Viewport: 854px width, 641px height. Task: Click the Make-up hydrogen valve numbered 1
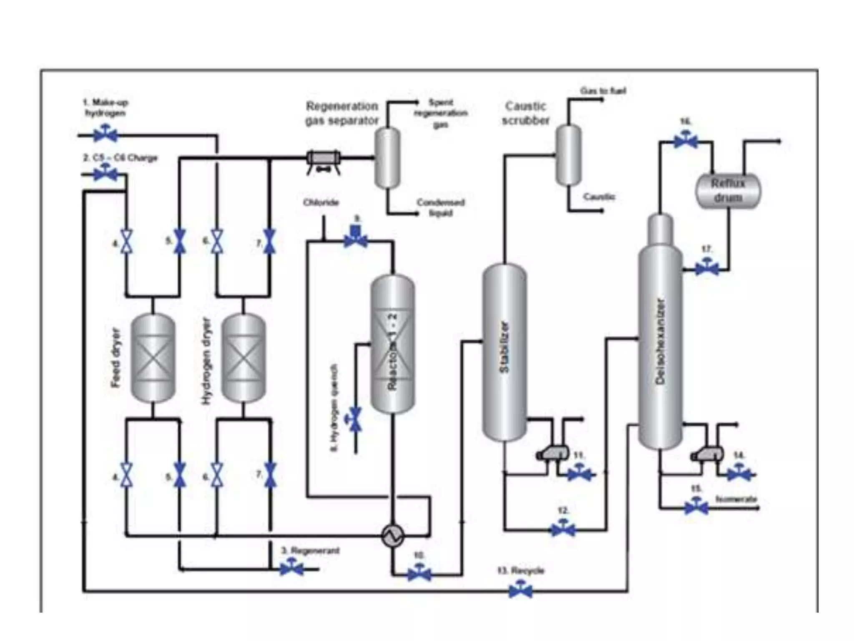pyautogui.click(x=105, y=135)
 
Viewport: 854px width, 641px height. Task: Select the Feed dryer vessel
pyautogui.click(x=153, y=358)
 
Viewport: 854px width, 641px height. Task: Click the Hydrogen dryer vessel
pyautogui.click(x=244, y=358)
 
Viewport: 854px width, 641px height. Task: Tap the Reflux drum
pyautogui.click(x=728, y=191)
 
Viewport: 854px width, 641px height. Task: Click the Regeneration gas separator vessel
pyautogui.click(x=387, y=158)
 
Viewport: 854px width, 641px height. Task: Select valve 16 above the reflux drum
pyautogui.click(x=685, y=141)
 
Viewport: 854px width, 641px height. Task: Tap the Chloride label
pyautogui.click(x=321, y=203)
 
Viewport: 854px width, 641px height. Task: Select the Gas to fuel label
pyautogui.click(x=603, y=91)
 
